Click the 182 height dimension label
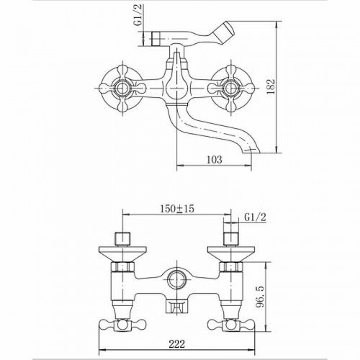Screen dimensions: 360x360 click(271, 86)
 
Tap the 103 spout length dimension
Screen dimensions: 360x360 click(215, 160)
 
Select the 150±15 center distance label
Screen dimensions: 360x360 click(177, 209)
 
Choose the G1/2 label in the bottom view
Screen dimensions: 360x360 click(256, 217)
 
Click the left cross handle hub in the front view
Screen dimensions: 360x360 click(123, 88)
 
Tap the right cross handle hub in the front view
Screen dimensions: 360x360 click(230, 88)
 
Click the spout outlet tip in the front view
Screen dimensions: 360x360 click(251, 150)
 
